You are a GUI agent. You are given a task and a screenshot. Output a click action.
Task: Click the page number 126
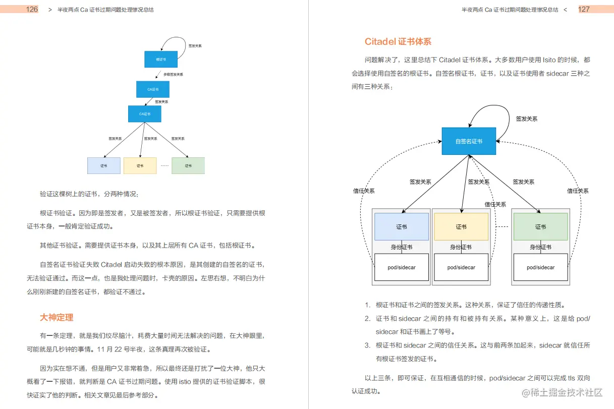(32, 9)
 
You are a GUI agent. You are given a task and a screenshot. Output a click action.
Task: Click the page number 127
(584, 9)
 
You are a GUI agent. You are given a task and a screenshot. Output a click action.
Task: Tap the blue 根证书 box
(160, 59)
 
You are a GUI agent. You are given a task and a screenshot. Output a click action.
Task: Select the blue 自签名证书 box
(469, 141)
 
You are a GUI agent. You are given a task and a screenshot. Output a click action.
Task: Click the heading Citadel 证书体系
(398, 42)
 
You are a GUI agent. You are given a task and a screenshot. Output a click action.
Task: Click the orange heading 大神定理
(57, 317)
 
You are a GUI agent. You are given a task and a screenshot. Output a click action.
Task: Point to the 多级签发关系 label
(173, 74)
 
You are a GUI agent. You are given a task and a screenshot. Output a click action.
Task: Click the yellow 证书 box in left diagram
(140, 165)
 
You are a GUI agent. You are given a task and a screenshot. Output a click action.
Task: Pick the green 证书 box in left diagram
(188, 165)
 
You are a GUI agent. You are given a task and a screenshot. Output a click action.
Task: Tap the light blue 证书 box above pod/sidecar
(402, 226)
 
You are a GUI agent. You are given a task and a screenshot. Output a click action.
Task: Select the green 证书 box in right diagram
(540, 226)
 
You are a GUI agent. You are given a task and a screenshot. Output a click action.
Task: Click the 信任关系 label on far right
(578, 191)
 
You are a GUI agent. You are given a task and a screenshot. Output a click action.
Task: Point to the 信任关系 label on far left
(364, 191)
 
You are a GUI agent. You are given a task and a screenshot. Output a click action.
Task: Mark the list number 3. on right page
(367, 345)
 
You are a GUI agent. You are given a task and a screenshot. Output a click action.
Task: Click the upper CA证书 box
(153, 89)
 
